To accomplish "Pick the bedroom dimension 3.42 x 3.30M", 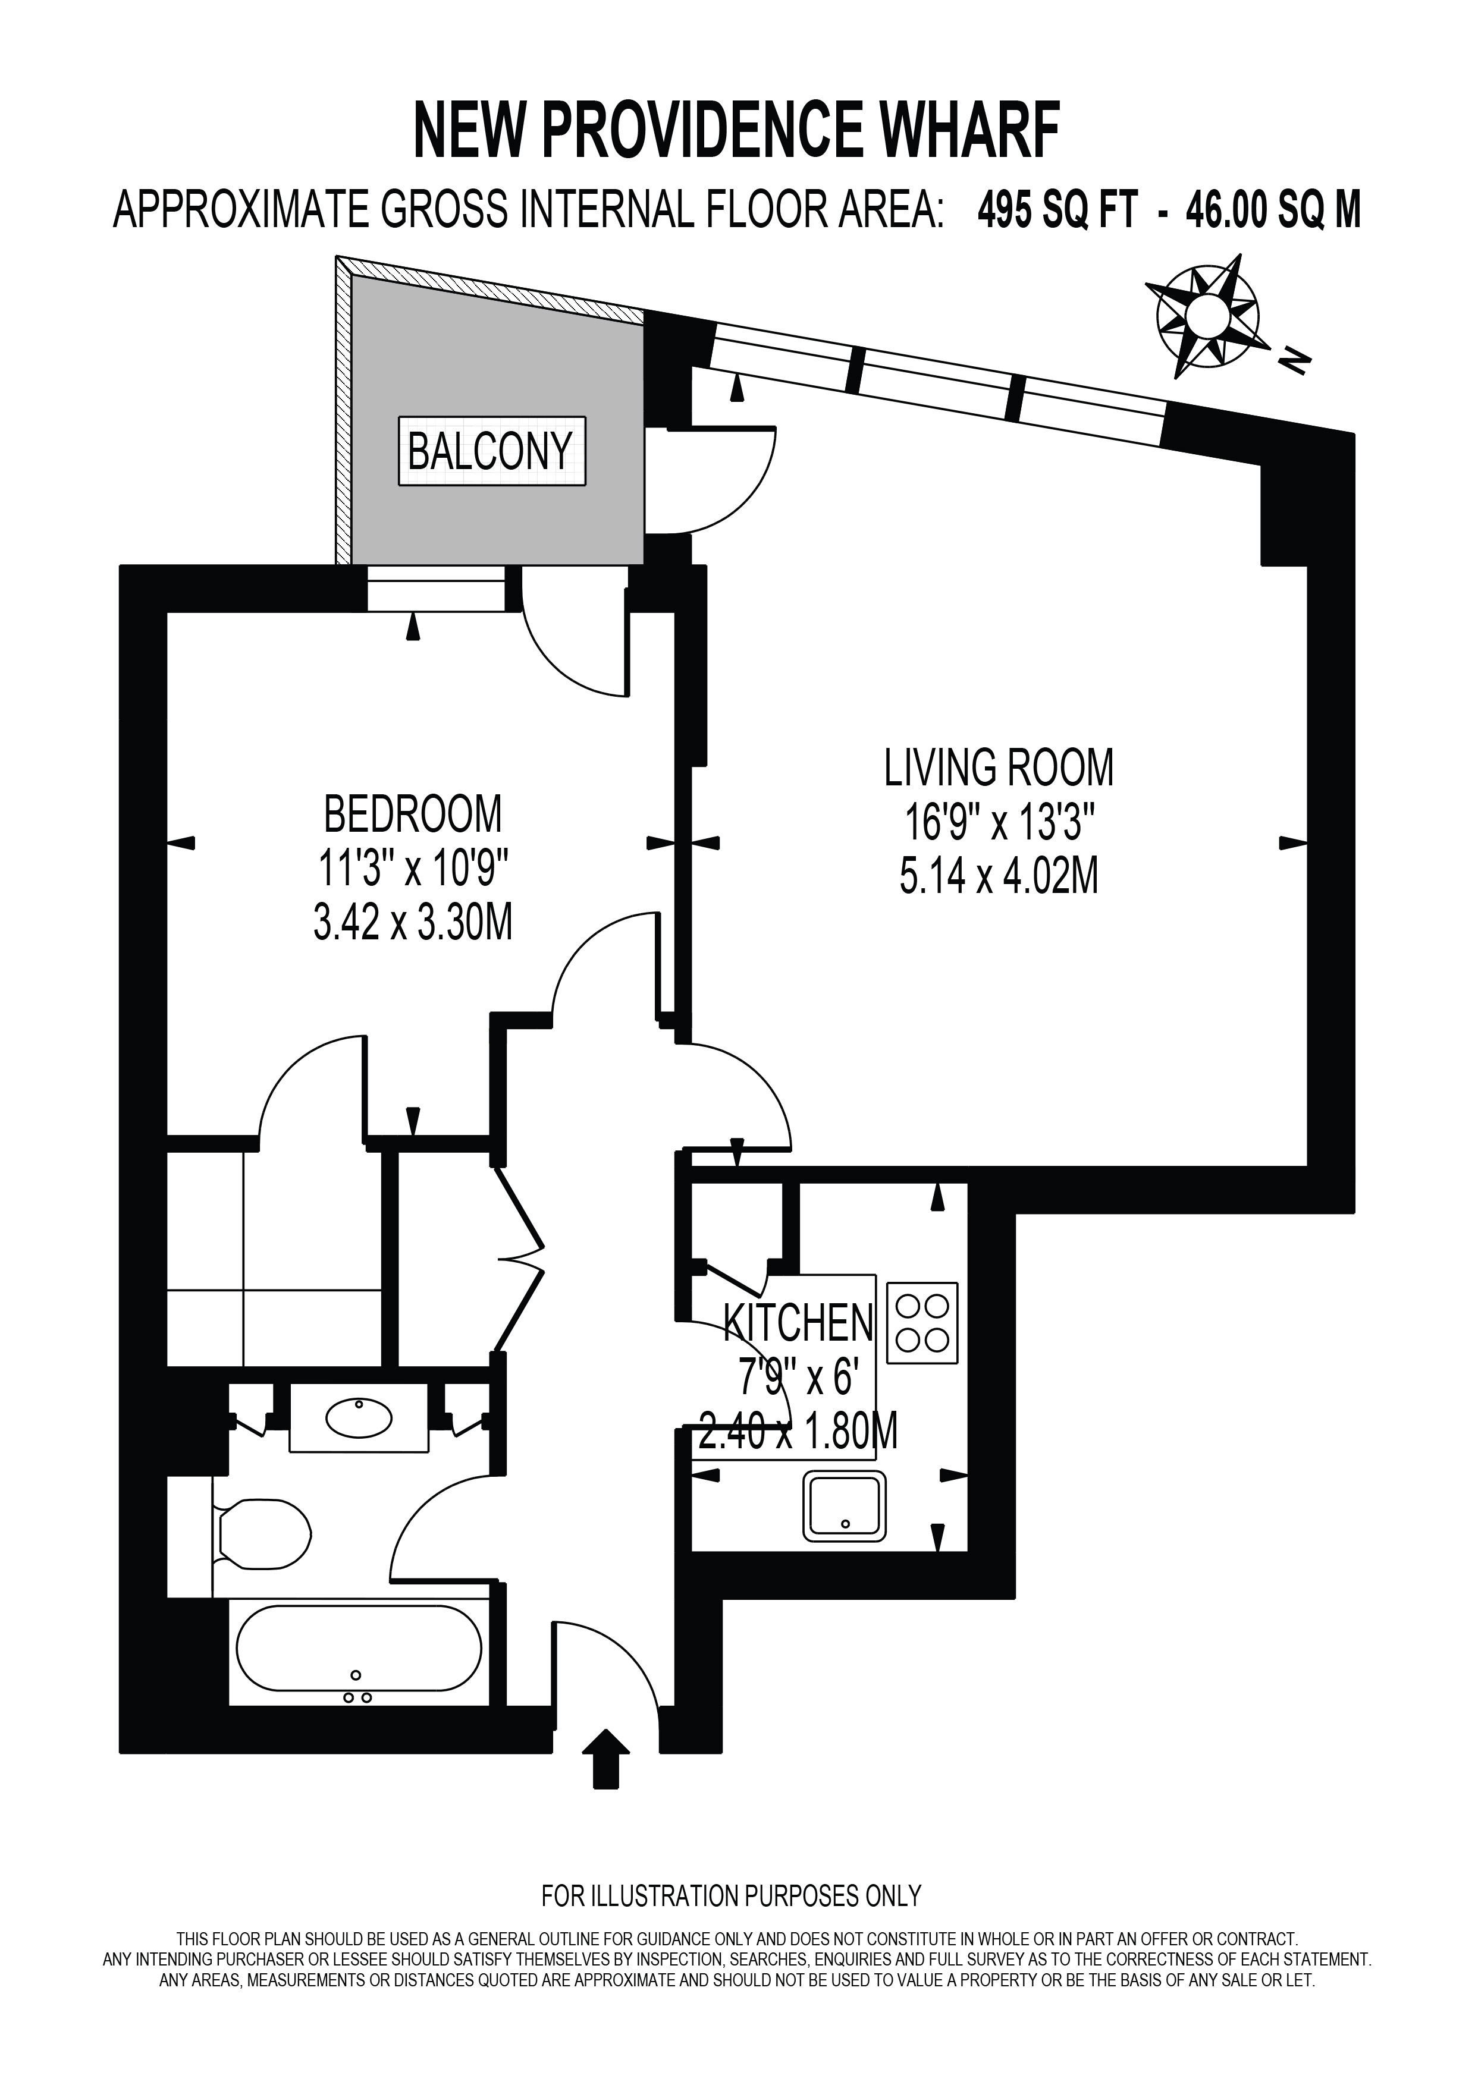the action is (x=413, y=923).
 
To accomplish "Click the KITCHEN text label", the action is (x=798, y=1322).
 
